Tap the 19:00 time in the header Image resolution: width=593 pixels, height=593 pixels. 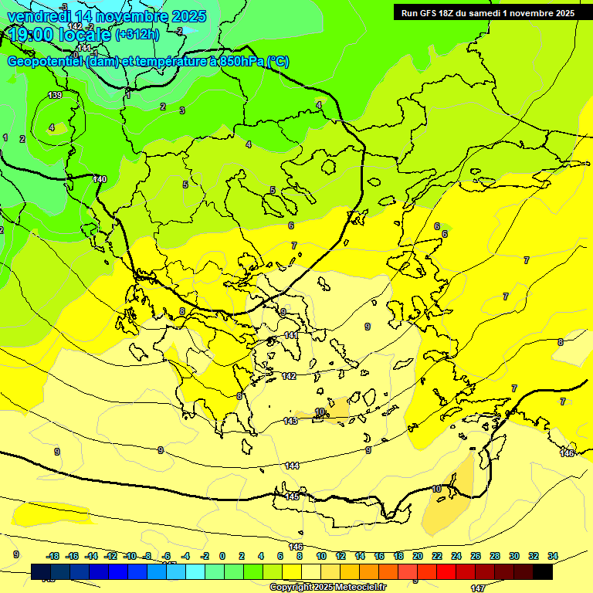32,35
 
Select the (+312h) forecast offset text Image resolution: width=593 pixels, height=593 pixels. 137,35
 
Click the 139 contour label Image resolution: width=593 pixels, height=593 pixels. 55,95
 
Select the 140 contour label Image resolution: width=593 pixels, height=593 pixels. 100,179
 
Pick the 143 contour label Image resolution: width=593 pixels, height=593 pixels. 290,421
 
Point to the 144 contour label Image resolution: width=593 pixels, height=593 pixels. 292,466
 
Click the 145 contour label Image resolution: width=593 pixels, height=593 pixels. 292,496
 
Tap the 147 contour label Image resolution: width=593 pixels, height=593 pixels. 478,588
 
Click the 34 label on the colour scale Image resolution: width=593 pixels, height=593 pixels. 552,556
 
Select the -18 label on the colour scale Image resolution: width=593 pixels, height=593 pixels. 53,556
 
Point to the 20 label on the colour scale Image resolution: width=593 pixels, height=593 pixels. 418,556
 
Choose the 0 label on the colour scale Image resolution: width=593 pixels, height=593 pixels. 222,556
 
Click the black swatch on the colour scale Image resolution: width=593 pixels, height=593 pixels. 542,572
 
